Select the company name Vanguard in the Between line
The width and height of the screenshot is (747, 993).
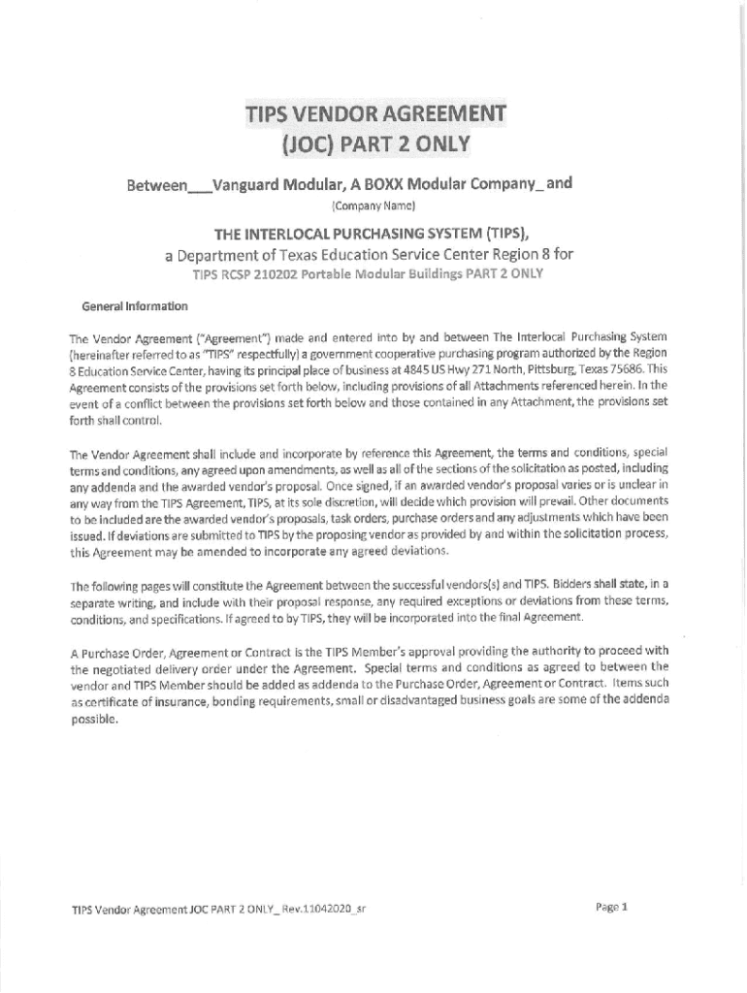254,184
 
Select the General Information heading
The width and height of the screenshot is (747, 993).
136,306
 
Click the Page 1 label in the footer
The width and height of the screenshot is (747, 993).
612,908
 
